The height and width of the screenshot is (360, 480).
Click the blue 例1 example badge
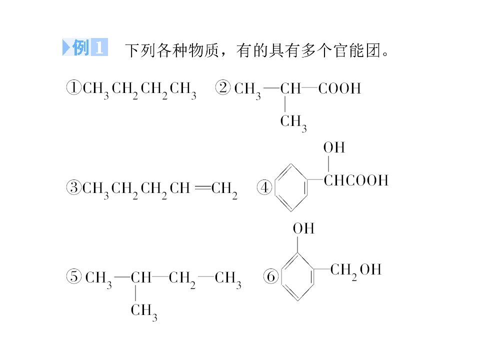pos(85,47)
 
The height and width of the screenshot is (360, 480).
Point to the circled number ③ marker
pos(74,187)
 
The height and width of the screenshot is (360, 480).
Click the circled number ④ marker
pos(264,187)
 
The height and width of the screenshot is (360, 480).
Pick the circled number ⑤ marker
pos(74,276)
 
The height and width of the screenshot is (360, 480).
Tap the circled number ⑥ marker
pos(271,276)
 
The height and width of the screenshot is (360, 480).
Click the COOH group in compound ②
pos(339,88)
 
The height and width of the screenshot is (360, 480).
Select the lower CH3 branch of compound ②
pos(293,123)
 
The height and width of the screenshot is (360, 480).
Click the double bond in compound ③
pos(203,187)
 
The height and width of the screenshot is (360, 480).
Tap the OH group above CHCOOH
pos(334,147)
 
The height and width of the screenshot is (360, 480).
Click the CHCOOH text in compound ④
pos(356,180)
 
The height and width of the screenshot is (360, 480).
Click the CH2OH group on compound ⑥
pos(355,271)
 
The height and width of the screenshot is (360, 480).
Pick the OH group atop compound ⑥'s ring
pos(303,228)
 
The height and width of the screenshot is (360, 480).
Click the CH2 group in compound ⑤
pos(182,279)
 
